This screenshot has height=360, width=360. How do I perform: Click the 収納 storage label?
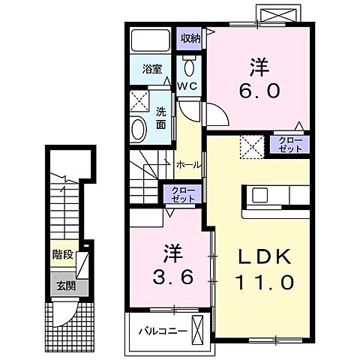click(x=190, y=39)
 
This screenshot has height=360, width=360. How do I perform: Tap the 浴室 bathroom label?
click(x=152, y=69)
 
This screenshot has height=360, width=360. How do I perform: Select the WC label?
click(x=187, y=86)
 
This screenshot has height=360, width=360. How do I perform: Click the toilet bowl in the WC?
click(x=190, y=67)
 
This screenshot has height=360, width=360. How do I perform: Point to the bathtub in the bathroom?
click(x=151, y=40)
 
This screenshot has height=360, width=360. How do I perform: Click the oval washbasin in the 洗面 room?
click(x=138, y=130)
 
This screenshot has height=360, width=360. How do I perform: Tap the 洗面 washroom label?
click(x=161, y=118)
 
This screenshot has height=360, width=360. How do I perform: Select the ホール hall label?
click(x=188, y=165)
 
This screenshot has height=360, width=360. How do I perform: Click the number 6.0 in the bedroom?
click(x=259, y=91)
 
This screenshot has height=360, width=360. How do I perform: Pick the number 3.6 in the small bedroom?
click(x=173, y=277)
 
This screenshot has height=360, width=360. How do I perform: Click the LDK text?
click(x=265, y=256)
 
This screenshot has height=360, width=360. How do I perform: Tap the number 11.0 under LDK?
click(x=264, y=282)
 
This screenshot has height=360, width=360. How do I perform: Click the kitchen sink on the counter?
click(x=259, y=195)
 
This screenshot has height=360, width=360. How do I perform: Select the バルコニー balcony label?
click(x=163, y=331)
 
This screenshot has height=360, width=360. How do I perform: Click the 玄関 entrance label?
click(x=66, y=286)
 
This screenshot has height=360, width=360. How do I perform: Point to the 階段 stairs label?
click(x=63, y=255)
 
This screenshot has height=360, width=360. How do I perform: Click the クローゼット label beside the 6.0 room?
click(x=290, y=145)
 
